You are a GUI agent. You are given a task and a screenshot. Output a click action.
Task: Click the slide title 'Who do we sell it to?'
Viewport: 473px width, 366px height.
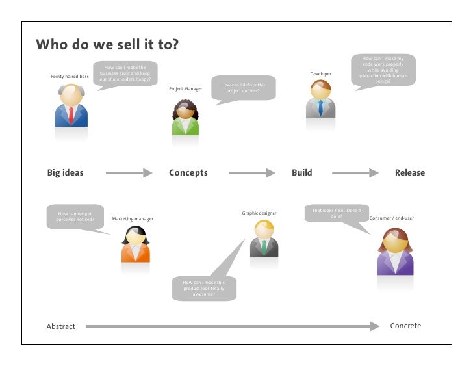(107, 45)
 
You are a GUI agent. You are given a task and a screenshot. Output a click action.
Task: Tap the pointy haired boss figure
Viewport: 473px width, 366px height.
(70, 107)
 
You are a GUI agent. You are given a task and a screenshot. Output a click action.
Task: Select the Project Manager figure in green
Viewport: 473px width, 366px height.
(185, 117)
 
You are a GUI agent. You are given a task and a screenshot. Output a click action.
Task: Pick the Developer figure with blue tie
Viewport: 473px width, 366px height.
(320, 99)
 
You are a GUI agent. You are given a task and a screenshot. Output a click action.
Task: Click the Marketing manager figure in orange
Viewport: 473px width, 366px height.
(136, 244)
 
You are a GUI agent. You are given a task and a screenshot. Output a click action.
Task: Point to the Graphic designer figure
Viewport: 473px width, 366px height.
(264, 239)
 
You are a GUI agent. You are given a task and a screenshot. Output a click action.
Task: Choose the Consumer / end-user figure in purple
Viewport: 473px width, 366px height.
(394, 252)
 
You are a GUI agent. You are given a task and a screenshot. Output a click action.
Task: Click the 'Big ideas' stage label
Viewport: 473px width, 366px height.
(65, 173)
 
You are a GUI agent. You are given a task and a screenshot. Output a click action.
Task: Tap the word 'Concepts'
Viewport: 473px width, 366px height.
(188, 173)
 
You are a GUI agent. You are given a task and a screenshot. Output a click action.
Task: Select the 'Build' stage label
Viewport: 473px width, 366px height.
(301, 173)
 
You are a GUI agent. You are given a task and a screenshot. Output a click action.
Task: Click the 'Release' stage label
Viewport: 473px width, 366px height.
(409, 173)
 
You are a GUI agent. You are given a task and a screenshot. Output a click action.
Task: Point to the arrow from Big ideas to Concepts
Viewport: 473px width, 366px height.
(129, 173)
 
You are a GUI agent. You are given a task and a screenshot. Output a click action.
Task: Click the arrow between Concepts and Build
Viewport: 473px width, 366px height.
(251, 173)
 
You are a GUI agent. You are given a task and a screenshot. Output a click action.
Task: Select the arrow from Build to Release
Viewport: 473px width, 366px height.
(355, 173)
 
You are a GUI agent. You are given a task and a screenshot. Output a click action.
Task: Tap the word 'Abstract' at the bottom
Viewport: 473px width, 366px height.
(60, 326)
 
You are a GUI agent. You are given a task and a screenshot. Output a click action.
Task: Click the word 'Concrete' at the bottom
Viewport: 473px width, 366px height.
(405, 326)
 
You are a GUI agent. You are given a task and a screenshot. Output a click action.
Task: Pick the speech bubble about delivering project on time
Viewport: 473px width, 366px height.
(243, 88)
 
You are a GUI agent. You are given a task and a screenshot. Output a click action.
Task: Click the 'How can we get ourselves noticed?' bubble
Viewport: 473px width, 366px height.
(75, 216)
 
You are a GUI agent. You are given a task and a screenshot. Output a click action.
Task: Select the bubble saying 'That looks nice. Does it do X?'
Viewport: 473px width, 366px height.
(336, 213)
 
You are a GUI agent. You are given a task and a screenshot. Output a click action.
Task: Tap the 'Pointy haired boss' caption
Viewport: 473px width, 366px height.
(70, 77)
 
